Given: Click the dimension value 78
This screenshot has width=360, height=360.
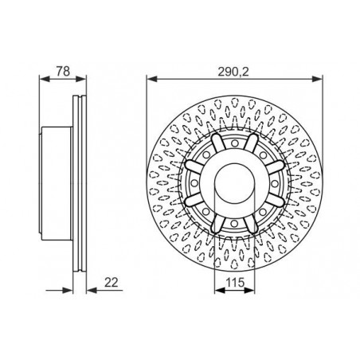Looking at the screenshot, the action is tap(63, 71).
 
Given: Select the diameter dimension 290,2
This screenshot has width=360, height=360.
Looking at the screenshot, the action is tap(233, 72).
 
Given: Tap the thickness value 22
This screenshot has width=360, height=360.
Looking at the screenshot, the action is tap(111, 283).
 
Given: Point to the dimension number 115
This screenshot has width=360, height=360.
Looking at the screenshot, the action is tap(235, 283).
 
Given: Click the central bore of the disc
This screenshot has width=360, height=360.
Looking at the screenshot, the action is tap(234, 183).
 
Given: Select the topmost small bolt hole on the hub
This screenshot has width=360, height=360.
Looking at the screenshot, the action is tap(234, 143).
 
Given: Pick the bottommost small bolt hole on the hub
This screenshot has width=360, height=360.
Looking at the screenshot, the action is tap(234, 224).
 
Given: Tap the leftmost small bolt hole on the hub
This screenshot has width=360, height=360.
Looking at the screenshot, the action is tap(194, 183).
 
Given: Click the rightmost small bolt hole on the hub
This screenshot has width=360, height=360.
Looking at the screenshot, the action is tap(275, 183).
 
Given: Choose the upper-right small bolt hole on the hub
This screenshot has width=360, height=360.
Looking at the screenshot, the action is tap(263, 155).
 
